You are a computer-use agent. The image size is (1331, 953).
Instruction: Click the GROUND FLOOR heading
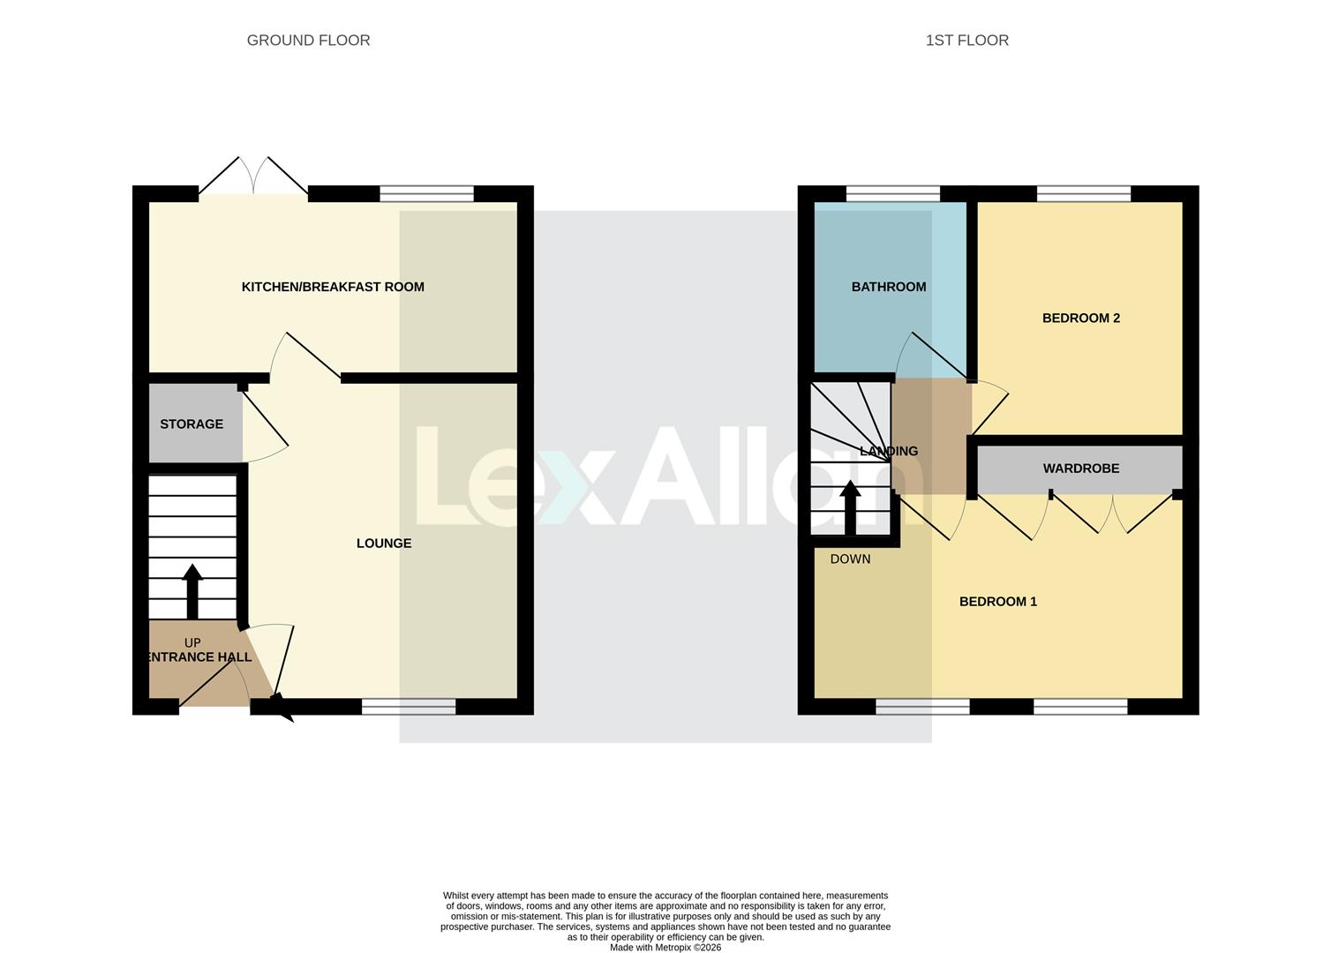(308, 41)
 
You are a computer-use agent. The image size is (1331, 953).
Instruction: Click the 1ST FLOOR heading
(966, 41)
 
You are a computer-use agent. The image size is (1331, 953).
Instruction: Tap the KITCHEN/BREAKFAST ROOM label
(333, 287)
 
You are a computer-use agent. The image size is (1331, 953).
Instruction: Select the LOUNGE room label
(383, 544)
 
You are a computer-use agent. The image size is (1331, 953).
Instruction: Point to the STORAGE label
(192, 424)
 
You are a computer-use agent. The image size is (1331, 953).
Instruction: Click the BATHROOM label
(888, 287)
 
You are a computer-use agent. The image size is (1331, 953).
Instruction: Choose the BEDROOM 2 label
(1080, 319)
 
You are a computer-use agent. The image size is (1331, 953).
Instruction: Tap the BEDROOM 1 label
(997, 602)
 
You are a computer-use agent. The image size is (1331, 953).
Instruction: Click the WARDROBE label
(1080, 469)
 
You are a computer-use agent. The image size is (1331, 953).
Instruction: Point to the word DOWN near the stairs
(850, 559)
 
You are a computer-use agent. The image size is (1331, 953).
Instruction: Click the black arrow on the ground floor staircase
(192, 589)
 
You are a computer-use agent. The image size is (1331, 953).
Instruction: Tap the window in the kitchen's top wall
(426, 194)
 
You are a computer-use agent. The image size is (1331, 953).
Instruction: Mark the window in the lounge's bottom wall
(409, 706)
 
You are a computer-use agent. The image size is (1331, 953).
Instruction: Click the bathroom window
(892, 194)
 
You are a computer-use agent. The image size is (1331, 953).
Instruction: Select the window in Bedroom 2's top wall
(1083, 194)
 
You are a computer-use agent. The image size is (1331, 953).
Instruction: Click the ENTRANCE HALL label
(198, 657)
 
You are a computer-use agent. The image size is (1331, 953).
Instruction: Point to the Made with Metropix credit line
(665, 948)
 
